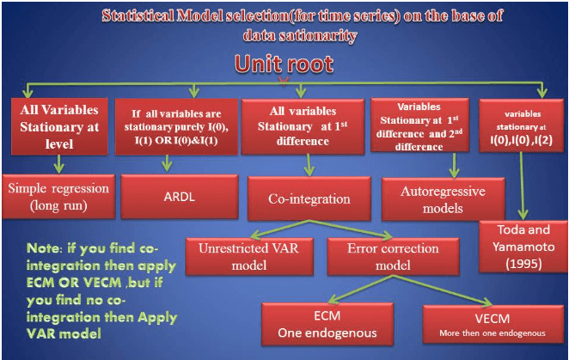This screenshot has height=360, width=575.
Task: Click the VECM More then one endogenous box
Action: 491,322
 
